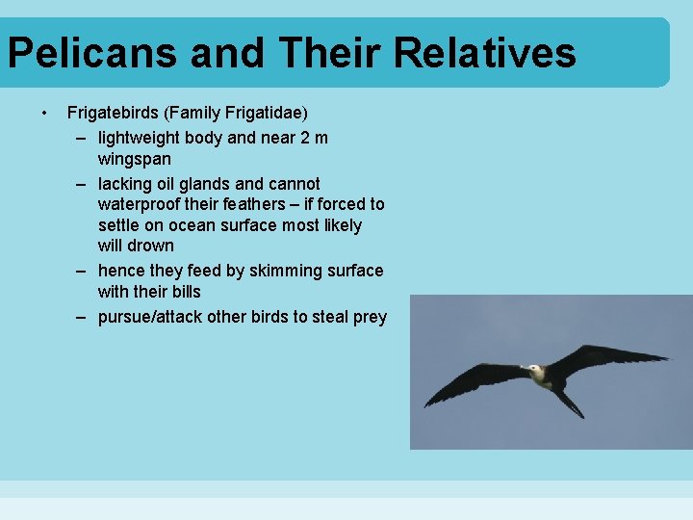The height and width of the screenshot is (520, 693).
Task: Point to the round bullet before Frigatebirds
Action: [44, 113]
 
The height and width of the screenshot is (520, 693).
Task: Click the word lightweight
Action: [141, 138]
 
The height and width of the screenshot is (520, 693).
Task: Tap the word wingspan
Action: [136, 158]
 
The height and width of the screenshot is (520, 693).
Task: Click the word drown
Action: [151, 246]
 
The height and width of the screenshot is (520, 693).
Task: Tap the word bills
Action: [183, 291]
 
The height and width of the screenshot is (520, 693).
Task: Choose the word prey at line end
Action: [370, 317]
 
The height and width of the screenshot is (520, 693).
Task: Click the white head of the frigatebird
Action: [530, 369]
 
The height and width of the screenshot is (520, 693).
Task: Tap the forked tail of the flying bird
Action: [572, 404]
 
